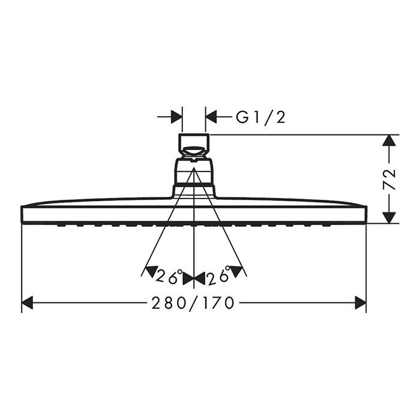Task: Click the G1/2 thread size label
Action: (260, 117)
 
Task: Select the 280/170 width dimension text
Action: (193, 304)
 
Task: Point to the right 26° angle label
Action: (218, 277)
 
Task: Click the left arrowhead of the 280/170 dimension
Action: (27, 304)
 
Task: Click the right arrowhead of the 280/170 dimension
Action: (360, 304)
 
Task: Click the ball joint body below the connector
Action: (194, 173)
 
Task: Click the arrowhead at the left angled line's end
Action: (151, 271)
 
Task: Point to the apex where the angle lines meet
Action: (194, 169)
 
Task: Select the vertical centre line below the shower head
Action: (194, 252)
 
